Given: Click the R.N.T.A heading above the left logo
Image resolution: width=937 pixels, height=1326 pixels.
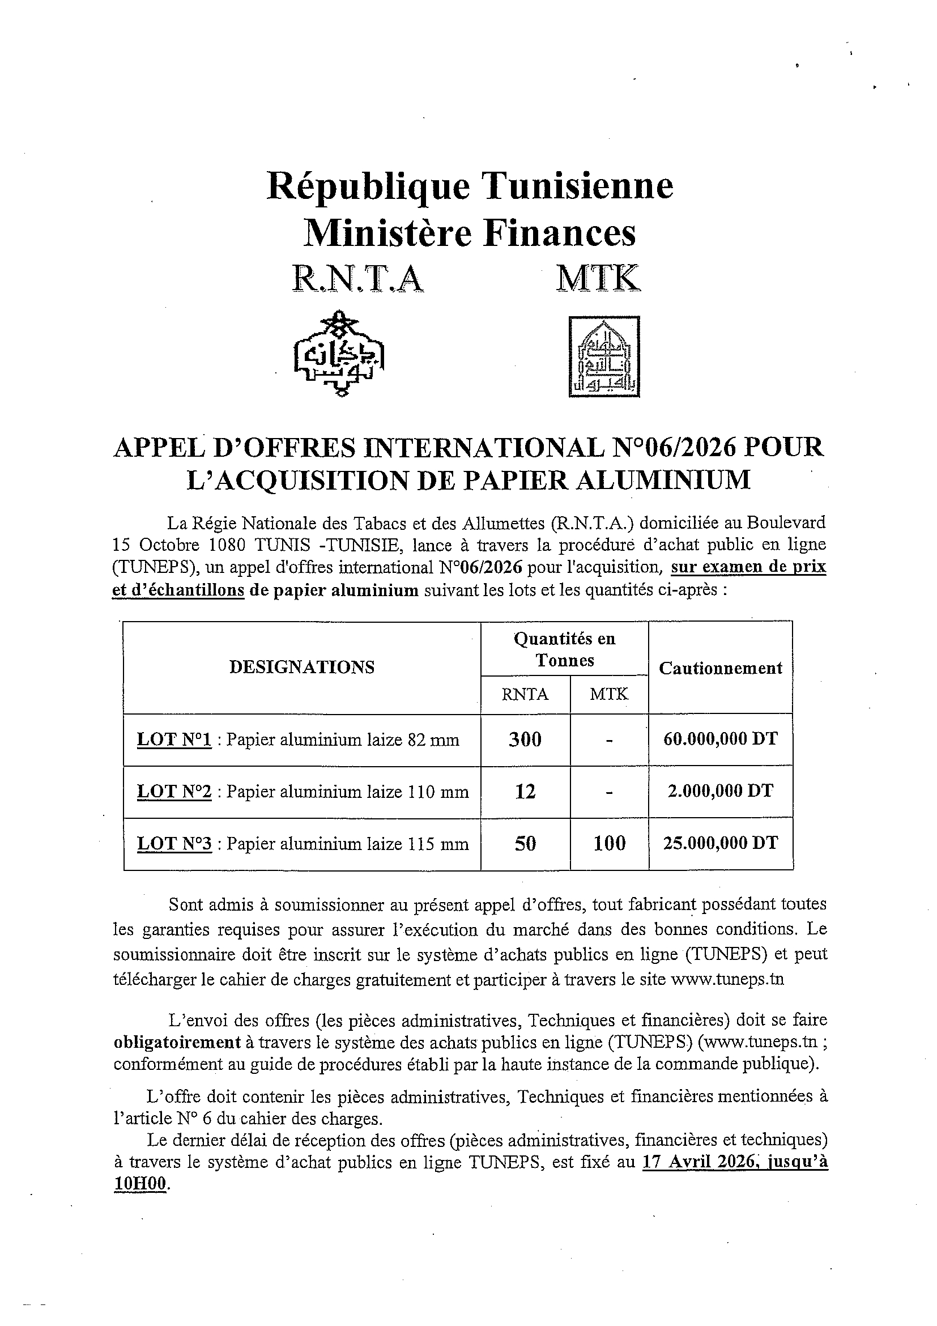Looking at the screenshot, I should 357,278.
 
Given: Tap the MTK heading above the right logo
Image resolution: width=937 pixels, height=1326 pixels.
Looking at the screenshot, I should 598,278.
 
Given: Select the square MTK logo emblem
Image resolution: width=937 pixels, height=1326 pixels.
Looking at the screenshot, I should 604,356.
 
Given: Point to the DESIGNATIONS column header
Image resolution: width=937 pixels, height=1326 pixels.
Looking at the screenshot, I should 302,668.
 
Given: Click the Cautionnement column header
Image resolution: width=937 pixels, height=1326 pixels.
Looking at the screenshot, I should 720,668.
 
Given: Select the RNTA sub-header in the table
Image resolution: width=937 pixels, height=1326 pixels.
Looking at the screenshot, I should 525,694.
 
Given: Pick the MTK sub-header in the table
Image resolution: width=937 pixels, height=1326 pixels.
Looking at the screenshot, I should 609,694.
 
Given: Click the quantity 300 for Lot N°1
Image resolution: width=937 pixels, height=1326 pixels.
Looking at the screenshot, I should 525,740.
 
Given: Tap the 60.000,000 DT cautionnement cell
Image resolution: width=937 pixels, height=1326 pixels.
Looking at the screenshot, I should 720,739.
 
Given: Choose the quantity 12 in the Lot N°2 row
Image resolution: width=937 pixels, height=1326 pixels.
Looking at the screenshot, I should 525,792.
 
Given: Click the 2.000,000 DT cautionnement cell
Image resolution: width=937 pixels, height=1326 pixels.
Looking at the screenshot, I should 720,791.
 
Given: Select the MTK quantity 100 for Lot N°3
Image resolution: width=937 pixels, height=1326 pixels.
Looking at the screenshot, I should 610,843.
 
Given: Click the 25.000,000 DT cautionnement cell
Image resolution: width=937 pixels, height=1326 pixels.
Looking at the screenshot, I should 720,843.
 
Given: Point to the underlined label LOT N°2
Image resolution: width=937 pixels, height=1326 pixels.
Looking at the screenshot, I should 174,792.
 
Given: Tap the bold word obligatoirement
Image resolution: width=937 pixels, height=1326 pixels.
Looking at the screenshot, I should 177,1043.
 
